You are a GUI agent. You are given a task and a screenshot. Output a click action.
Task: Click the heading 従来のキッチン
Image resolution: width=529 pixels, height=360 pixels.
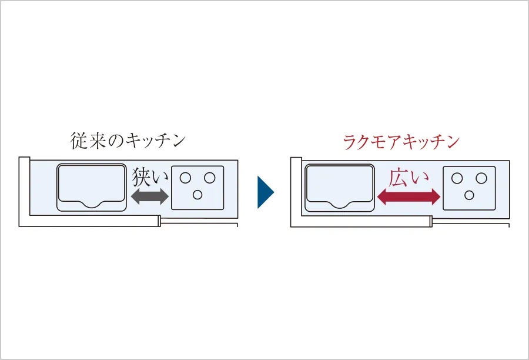pyautogui.click(x=128, y=141)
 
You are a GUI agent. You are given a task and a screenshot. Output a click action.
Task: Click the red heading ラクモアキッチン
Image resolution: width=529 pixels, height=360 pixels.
pyautogui.click(x=401, y=142)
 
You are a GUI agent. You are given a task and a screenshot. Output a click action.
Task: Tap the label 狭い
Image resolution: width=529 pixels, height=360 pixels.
pyautogui.click(x=150, y=177)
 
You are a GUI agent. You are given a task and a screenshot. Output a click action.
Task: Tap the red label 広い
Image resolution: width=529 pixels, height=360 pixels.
pyautogui.click(x=409, y=178)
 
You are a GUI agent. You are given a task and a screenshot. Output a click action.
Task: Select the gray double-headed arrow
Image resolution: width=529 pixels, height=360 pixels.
pyautogui.click(x=150, y=196)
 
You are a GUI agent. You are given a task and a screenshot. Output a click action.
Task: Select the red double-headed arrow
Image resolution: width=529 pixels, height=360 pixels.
pyautogui.click(x=409, y=196)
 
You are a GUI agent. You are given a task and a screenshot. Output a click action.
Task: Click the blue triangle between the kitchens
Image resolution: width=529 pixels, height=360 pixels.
pyautogui.click(x=266, y=192)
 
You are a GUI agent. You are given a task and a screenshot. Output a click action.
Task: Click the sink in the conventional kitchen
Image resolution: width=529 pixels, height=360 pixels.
pyautogui.click(x=92, y=188)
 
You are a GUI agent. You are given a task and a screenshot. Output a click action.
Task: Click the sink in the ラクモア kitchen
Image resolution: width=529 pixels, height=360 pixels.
pyautogui.click(x=340, y=188)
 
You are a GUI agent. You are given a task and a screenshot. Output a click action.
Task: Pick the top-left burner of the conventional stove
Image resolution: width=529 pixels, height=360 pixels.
pyautogui.click(x=185, y=178)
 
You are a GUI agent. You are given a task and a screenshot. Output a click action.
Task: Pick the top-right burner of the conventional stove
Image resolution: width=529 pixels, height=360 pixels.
pyautogui.click(x=209, y=178)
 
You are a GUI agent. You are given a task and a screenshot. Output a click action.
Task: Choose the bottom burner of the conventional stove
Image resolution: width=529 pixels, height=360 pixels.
pyautogui.click(x=197, y=195)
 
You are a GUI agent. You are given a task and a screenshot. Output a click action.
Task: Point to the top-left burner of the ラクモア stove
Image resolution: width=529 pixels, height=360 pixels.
pyautogui.click(x=457, y=178)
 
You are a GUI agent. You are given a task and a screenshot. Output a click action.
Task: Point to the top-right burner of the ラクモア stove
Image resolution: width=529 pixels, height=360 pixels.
pyautogui.click(x=481, y=178)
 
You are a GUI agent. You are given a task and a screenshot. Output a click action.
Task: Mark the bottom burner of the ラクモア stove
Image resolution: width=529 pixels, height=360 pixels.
pyautogui.click(x=469, y=195)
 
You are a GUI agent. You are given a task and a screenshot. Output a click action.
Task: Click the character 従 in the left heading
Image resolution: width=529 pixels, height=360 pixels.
pyautogui.click(x=79, y=141)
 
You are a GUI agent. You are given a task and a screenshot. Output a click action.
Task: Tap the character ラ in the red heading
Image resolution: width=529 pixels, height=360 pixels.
pyautogui.click(x=351, y=142)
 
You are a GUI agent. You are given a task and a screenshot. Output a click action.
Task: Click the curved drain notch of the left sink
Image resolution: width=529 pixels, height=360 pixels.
pyautogui.click(x=92, y=205)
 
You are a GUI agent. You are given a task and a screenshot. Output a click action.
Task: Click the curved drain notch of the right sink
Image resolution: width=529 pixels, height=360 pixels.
pyautogui.click(x=340, y=205)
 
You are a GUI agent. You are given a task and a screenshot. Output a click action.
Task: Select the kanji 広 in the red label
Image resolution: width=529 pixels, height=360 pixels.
pyautogui.click(x=399, y=178)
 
